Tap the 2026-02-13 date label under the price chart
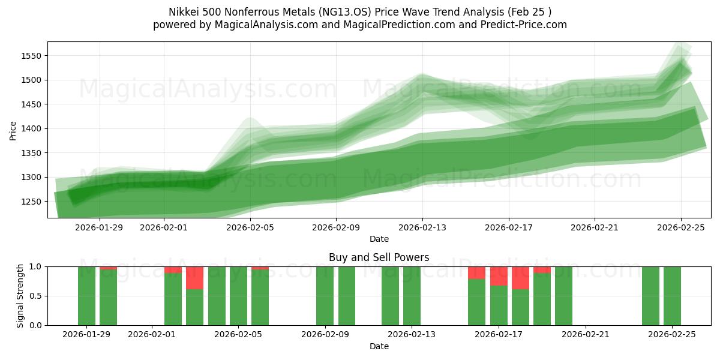422,227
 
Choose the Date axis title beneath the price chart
379,239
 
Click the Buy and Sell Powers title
379,257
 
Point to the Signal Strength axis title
20,296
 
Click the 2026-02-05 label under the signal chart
239,335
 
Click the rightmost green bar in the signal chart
672,296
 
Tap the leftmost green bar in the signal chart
86,296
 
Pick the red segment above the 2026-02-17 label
499,276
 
